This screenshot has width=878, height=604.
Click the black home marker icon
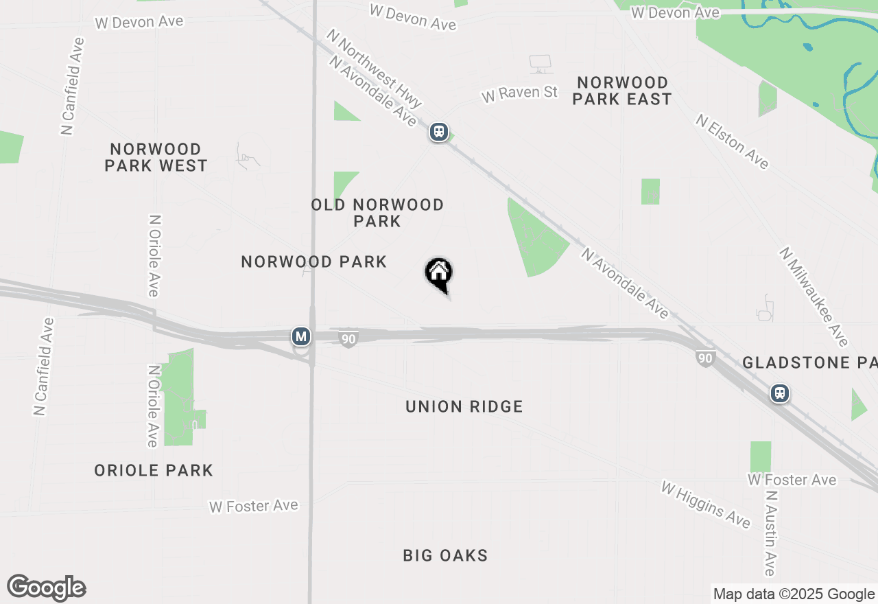click(439, 274)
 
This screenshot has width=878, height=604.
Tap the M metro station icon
click(300, 336)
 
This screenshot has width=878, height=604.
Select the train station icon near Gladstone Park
click(779, 393)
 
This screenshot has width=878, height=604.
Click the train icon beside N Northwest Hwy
click(439, 132)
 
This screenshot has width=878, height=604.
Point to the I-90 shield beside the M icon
click(348, 338)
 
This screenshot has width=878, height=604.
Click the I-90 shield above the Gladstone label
click(705, 358)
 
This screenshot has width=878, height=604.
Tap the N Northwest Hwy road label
click(374, 67)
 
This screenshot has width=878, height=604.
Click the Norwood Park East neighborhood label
click(621, 91)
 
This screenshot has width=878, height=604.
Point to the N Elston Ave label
click(732, 141)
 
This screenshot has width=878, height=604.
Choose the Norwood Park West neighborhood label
click(156, 157)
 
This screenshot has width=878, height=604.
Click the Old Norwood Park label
click(377, 213)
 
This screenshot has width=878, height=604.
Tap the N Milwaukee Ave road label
click(814, 297)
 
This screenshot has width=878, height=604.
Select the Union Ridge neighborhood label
click(464, 406)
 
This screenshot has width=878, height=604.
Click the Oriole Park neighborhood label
click(154, 470)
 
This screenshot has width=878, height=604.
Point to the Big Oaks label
click(445, 555)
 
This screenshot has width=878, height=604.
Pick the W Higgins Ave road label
click(706, 504)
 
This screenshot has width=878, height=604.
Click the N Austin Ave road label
click(771, 533)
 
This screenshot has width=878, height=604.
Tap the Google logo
click(46, 588)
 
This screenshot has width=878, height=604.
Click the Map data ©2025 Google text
click(794, 594)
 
